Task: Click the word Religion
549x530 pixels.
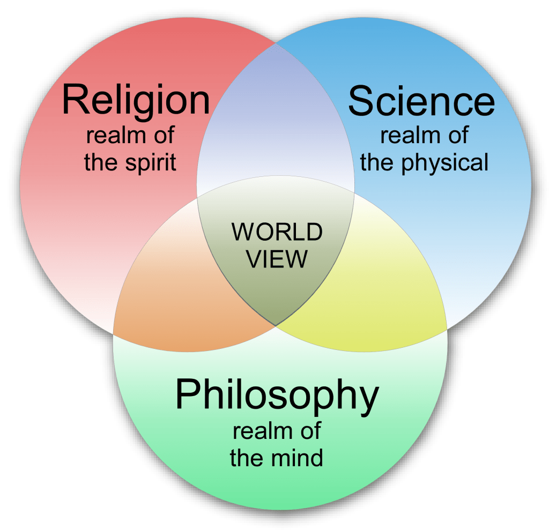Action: point(136,100)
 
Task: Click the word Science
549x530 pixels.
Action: point(421,101)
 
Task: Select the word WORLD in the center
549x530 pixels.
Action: point(277,232)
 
